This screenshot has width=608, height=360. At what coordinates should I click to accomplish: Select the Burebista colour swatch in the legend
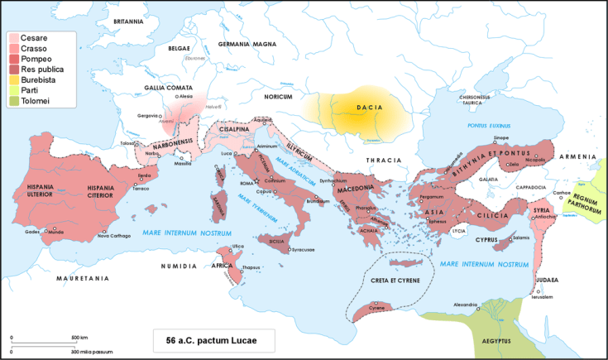14,79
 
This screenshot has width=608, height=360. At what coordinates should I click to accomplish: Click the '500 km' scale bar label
79,338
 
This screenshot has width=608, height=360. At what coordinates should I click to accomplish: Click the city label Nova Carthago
115,237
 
